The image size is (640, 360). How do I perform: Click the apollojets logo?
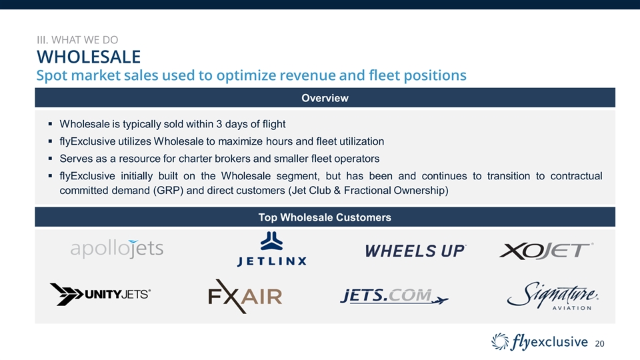click(x=117, y=249)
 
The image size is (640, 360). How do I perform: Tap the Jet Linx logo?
click(x=271, y=249)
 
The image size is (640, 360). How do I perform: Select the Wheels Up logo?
click(x=415, y=251)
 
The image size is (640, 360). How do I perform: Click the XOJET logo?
click(x=546, y=251)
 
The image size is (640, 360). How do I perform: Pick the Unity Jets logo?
click(x=100, y=294)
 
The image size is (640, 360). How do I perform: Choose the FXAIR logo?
click(x=245, y=296)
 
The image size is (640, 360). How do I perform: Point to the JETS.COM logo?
click(x=394, y=296)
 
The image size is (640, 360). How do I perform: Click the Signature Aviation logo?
click(x=553, y=295)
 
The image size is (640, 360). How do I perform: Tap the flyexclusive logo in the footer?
click(x=539, y=342)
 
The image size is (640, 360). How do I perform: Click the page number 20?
click(x=599, y=344)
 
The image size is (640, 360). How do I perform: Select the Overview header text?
click(x=325, y=98)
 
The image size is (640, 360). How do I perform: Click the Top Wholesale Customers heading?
click(x=325, y=217)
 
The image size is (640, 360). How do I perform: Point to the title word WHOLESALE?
click(x=89, y=57)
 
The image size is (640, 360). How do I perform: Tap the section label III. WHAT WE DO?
click(x=77, y=40)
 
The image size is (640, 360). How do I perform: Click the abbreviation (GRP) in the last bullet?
click(x=168, y=191)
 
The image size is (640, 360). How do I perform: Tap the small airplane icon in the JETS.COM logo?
click(x=439, y=301)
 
